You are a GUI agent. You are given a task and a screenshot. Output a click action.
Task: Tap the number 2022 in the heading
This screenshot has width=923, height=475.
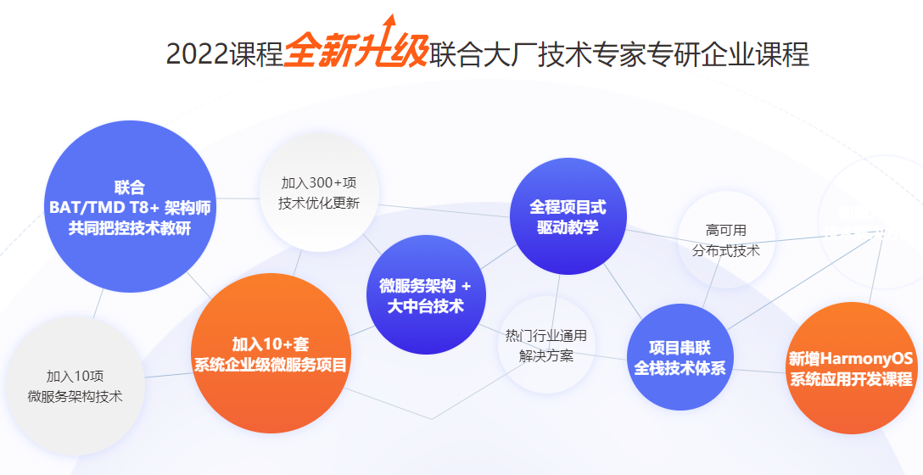(x=197, y=55)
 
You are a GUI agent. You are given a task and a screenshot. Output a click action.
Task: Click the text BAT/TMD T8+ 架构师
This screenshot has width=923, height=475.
(x=130, y=208)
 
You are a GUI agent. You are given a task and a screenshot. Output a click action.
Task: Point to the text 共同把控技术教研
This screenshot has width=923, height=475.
(x=130, y=228)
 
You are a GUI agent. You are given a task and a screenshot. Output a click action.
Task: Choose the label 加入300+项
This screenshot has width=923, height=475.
(x=319, y=183)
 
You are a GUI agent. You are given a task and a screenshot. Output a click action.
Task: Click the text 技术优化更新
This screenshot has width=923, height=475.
(x=319, y=204)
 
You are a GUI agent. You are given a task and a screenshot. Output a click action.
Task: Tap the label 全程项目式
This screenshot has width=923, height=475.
(x=568, y=207)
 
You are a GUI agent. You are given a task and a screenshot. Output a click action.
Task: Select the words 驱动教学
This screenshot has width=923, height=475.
(x=568, y=227)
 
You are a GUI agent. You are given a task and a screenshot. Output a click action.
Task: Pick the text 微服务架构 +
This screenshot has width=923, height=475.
(x=426, y=287)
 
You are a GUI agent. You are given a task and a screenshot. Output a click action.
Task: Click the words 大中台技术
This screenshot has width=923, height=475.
(x=426, y=307)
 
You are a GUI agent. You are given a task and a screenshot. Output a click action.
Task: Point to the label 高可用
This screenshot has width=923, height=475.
(x=726, y=230)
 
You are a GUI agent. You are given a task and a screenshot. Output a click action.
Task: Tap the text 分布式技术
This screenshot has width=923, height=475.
(x=726, y=250)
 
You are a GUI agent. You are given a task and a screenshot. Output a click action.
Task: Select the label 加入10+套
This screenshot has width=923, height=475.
(x=270, y=344)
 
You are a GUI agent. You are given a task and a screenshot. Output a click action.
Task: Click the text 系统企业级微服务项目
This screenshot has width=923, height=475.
(x=271, y=365)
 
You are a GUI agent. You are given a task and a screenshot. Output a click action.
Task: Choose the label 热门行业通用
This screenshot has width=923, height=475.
(x=546, y=336)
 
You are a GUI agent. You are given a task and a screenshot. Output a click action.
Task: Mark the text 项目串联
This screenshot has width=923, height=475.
(x=680, y=348)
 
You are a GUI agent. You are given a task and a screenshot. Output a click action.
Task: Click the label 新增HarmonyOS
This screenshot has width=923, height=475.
(x=851, y=359)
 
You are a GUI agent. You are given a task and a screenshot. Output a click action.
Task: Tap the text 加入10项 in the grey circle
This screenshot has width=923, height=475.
(x=75, y=376)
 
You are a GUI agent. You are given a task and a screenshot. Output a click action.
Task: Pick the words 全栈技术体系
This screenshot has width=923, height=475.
(x=680, y=368)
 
